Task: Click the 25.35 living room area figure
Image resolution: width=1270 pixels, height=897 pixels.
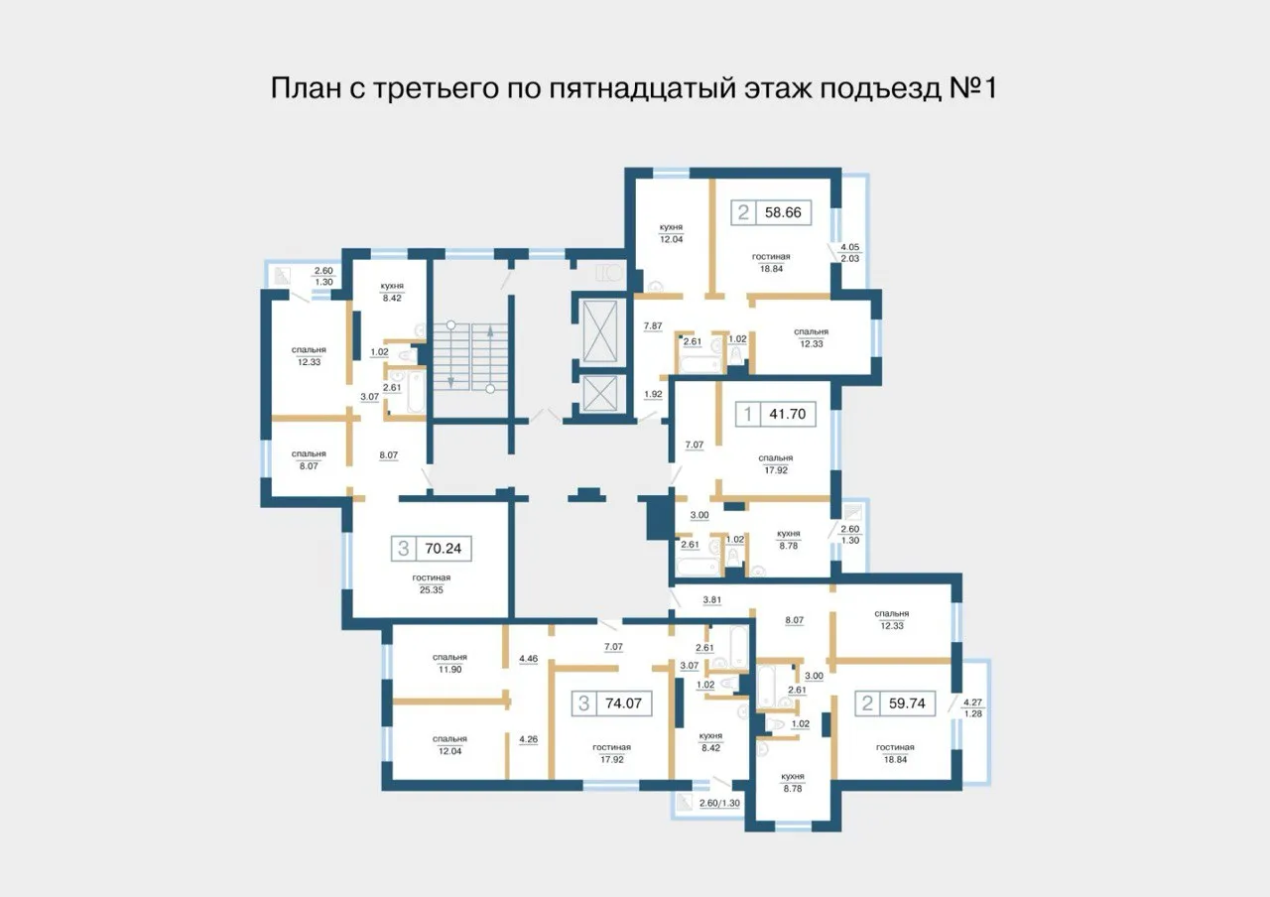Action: coord(433,587)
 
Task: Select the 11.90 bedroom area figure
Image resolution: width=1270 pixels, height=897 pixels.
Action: coord(449,670)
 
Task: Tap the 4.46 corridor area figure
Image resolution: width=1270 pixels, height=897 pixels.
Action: coord(528,658)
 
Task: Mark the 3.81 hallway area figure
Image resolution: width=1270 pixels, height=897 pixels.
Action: coord(711,600)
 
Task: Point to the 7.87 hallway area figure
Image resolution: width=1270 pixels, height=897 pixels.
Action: coord(652,326)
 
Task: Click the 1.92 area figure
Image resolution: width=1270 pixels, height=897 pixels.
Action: coord(652,394)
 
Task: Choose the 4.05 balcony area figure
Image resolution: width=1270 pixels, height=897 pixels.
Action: coord(850,247)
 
